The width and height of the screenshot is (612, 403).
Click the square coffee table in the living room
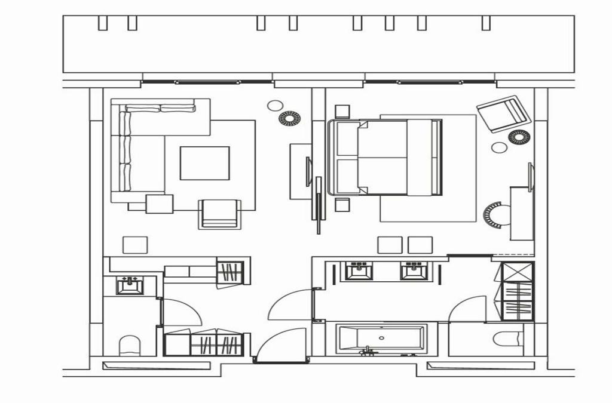pyautogui.click(x=205, y=163)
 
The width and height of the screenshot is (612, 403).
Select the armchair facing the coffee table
pyautogui.click(x=220, y=214)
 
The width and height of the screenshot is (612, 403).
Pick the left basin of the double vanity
pyautogui.click(x=360, y=270)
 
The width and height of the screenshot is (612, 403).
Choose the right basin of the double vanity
pyautogui.click(x=414, y=270)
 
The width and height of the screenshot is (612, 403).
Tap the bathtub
pyautogui.click(x=381, y=339)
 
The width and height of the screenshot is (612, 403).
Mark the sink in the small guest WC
pyautogui.click(x=130, y=285)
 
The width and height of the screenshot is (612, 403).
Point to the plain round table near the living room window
pyautogui.click(x=275, y=106)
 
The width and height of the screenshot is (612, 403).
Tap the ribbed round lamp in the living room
pyautogui.click(x=290, y=118)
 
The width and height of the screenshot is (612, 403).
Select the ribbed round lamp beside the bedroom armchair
pyautogui.click(x=519, y=137)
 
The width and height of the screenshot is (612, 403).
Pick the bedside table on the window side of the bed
pyautogui.click(x=342, y=111)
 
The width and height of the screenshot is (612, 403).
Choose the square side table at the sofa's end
pyautogui.click(x=159, y=204)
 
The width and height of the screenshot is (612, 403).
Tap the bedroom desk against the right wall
pyautogui.click(x=522, y=213)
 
